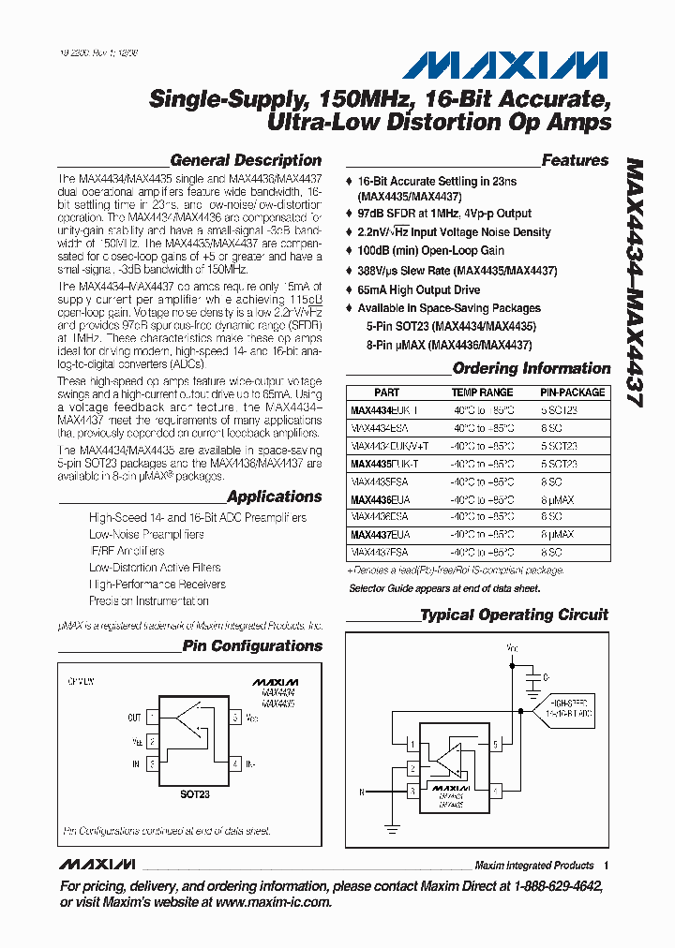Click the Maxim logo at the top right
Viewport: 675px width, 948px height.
[506, 65]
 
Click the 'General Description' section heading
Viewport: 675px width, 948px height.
[246, 160]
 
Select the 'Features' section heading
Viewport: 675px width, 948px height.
[575, 160]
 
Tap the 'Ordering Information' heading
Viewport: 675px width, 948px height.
[531, 368]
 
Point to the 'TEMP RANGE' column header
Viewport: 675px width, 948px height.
[482, 393]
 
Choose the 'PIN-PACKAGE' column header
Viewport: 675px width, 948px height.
[572, 393]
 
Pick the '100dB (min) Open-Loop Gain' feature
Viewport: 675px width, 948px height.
[430, 251]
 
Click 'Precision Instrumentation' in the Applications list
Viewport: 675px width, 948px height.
[148, 601]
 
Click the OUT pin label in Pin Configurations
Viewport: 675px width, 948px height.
[134, 718]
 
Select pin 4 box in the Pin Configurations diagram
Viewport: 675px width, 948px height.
[234, 764]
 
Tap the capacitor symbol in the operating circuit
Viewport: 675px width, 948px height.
[533, 676]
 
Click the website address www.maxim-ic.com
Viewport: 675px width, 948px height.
[274, 902]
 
